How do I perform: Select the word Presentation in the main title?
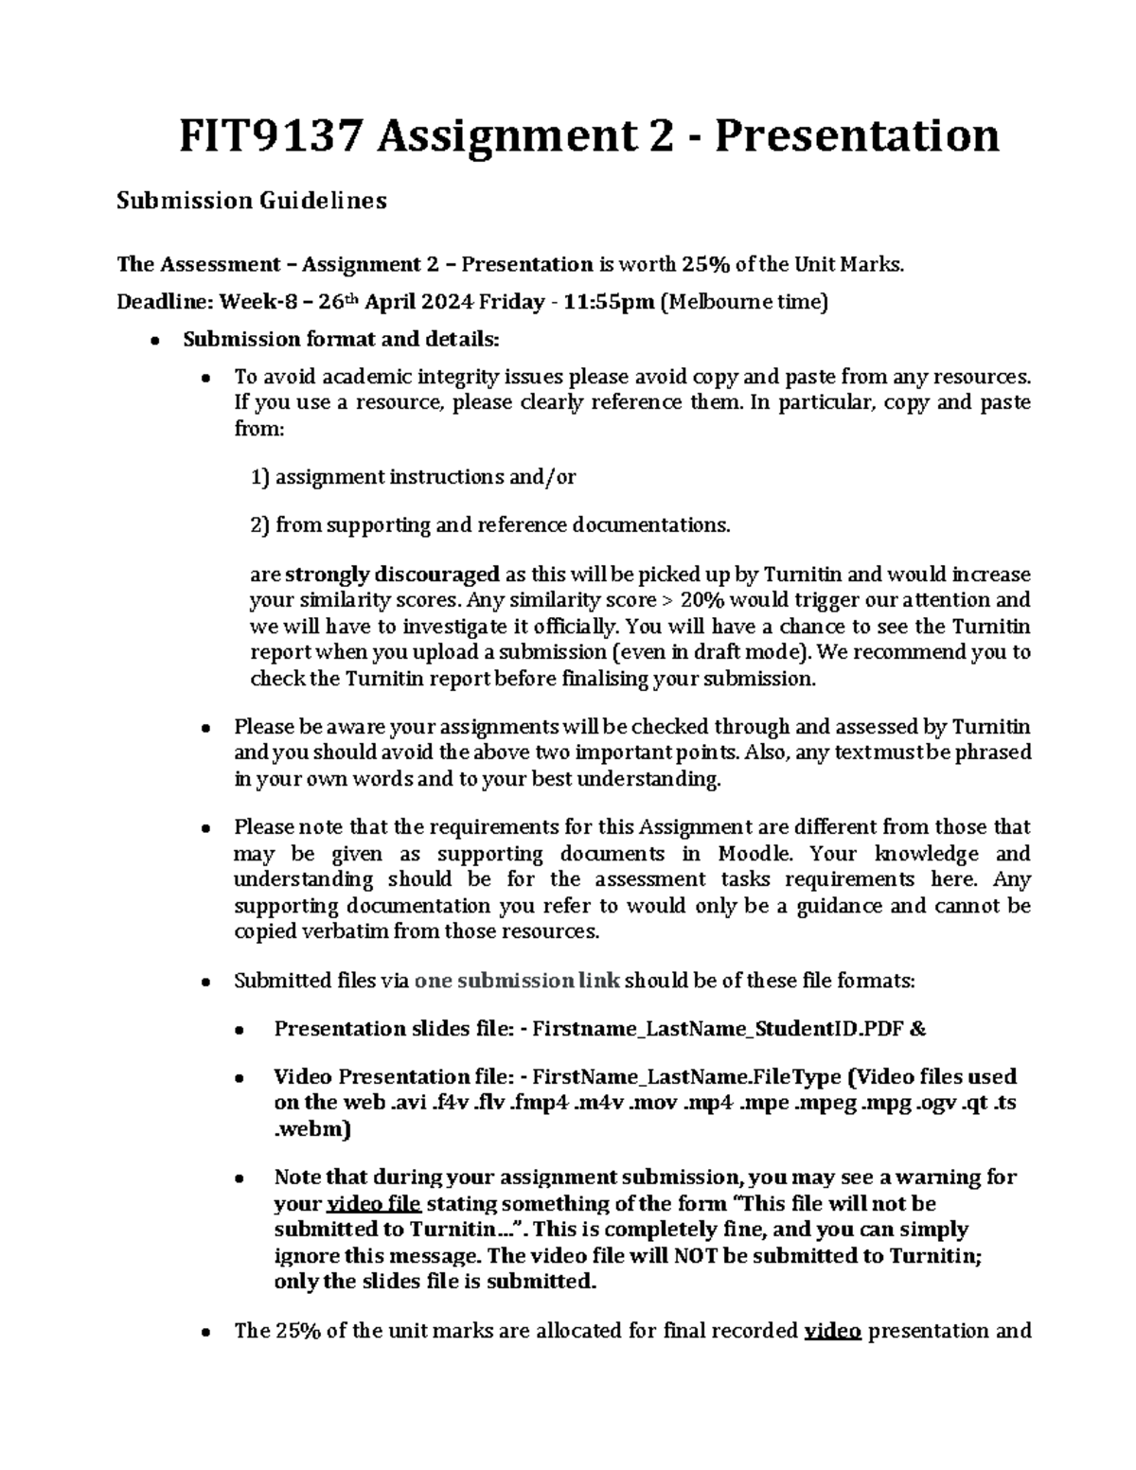[x=857, y=135]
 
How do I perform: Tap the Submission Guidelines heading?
[x=251, y=201]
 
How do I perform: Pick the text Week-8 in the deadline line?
[x=251, y=302]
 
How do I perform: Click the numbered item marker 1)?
[x=260, y=477]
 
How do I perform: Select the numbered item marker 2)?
[x=260, y=525]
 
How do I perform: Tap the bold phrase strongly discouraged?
[x=392, y=575]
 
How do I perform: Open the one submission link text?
[x=518, y=981]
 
